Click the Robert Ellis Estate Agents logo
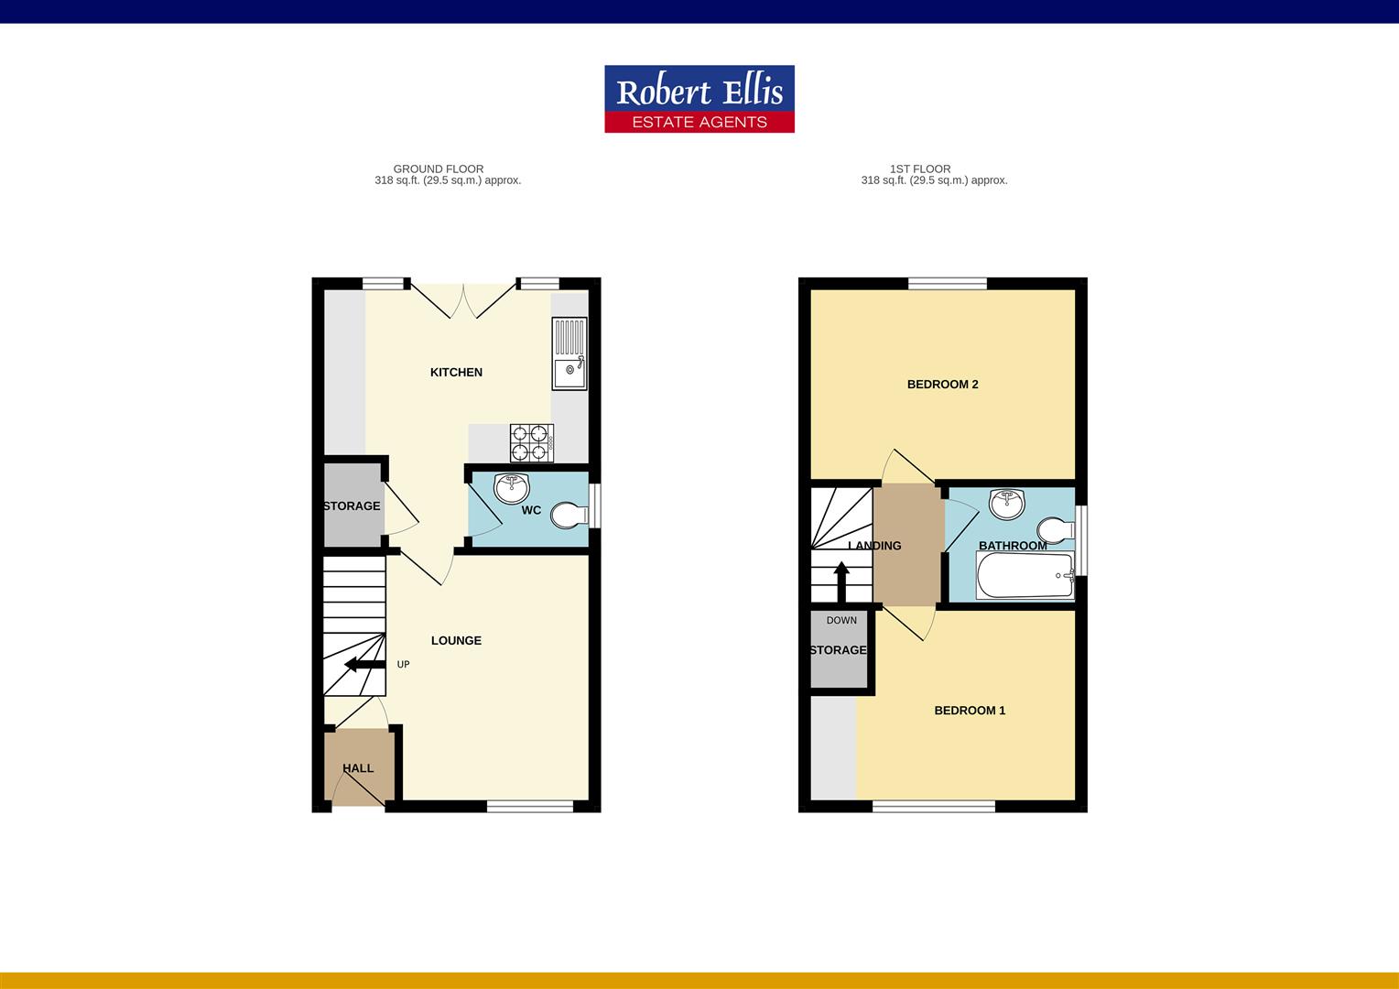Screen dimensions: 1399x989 699,99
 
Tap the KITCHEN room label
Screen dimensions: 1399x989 456,373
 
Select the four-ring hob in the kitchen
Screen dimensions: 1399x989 532,443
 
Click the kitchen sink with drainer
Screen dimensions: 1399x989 569,353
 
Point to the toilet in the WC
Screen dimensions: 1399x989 569,516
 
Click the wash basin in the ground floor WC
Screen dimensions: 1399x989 512,488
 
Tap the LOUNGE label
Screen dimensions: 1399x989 456,640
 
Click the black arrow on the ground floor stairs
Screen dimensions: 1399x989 364,664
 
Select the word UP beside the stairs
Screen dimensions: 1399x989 404,664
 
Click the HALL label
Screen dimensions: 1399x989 358,767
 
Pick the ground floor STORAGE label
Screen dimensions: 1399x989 352,506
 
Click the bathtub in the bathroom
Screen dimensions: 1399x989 1025,575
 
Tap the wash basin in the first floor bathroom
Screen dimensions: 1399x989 1007,505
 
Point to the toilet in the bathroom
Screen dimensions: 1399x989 1056,530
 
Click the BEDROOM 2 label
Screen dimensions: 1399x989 942,385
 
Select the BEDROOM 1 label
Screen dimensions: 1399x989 970,711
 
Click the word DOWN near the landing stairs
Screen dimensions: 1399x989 841,620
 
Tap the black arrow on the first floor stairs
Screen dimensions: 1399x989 841,581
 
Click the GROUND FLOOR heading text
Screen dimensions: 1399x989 439,168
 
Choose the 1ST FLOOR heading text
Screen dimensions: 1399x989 920,168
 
